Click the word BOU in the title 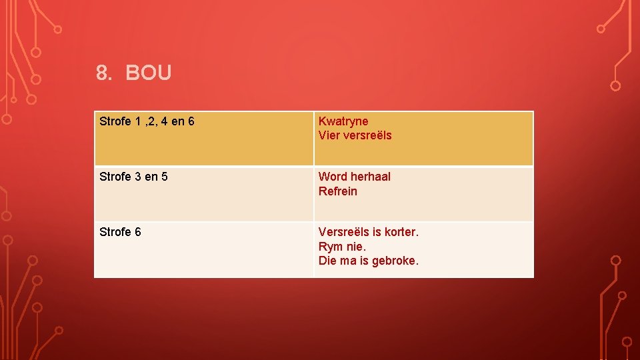[x=148, y=73]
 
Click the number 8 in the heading [x=103, y=73]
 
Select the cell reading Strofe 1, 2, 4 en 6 [x=147, y=121]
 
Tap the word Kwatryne [x=343, y=121]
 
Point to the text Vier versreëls [x=355, y=135]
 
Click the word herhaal [x=371, y=177]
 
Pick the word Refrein [x=338, y=191]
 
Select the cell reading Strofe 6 [x=120, y=232]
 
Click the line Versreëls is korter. [x=369, y=232]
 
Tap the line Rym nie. [x=342, y=247]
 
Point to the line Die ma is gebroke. [x=369, y=261]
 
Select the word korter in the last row [x=401, y=232]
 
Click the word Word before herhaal [x=333, y=177]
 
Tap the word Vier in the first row [x=329, y=135]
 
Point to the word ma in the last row [x=349, y=261]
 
